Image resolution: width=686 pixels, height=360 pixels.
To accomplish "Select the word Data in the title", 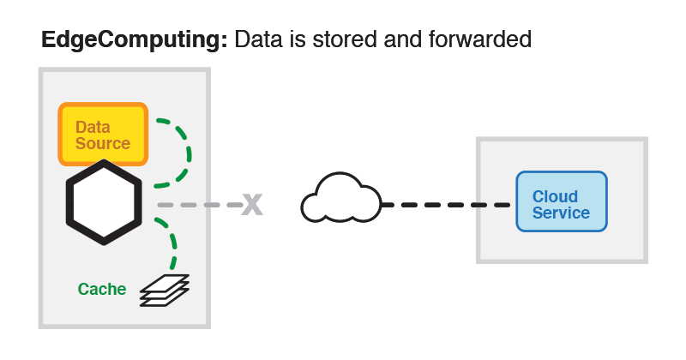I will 257,39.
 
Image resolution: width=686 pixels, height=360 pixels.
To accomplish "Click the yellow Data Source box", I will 103,134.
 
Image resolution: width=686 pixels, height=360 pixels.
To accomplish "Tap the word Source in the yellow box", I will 103,143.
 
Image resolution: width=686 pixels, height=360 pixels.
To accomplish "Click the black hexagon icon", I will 104,204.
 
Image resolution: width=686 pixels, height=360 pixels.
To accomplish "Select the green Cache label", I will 102,289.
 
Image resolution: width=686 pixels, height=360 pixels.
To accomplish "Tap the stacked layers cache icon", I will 164,290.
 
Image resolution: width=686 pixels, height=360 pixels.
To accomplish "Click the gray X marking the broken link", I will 251,204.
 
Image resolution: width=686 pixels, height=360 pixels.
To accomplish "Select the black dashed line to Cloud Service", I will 446,205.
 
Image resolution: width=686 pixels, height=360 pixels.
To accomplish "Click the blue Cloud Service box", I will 562,201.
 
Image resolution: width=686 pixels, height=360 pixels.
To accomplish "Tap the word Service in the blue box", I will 562,213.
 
